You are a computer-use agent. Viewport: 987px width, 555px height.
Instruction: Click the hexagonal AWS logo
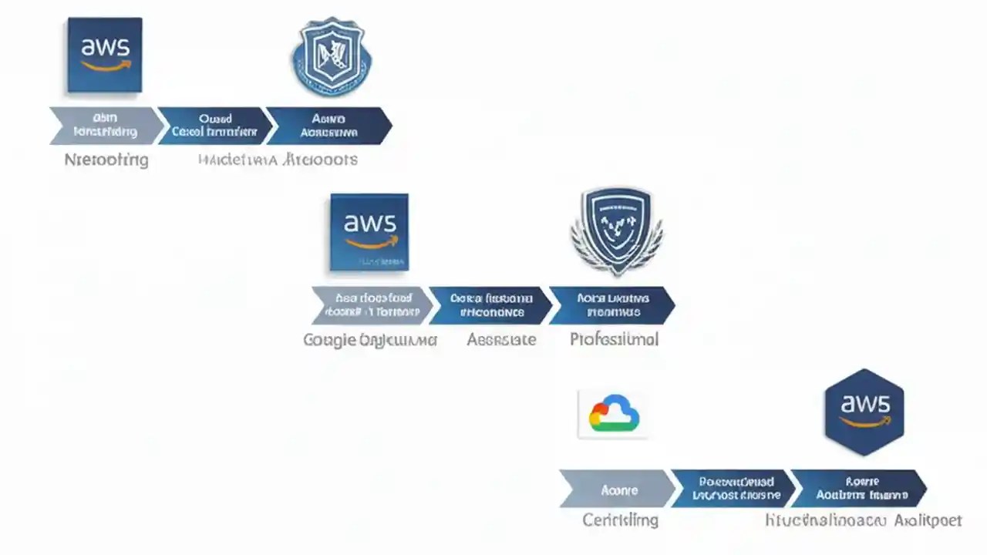864,412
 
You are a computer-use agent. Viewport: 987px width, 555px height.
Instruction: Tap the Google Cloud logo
614,414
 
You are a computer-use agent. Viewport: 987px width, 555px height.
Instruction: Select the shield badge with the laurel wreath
616,230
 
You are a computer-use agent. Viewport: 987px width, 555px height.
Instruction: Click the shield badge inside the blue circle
332,57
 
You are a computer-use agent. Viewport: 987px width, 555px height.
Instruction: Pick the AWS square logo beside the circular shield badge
105,55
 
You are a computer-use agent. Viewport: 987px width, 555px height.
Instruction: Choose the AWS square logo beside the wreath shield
369,232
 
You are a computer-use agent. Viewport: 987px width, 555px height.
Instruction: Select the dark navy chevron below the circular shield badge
330,126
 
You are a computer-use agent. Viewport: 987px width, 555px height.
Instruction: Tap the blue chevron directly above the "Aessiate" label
490,305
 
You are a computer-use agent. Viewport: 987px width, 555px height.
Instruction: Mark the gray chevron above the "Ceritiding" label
617,489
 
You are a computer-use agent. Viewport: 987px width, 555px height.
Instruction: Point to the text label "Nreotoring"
106,160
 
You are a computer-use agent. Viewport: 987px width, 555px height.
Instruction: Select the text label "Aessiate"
501,339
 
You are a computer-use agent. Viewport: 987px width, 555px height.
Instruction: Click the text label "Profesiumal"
614,339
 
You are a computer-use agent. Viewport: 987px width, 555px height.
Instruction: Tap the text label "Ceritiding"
620,520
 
